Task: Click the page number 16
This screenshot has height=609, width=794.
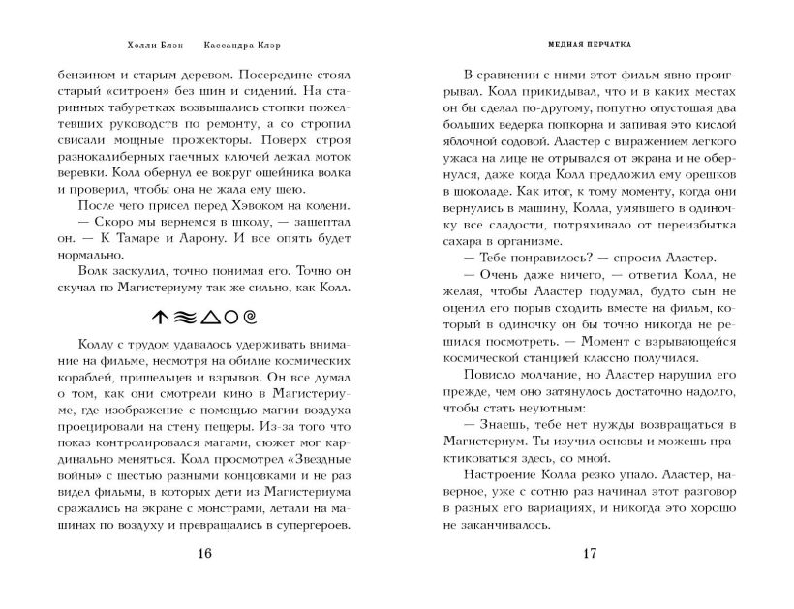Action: pos(202,554)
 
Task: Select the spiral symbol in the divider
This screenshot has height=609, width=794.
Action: pos(250,316)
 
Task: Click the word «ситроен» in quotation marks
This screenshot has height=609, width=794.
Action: pos(137,91)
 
